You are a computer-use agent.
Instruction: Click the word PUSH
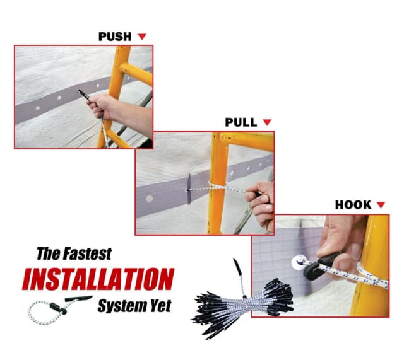pos(115,37)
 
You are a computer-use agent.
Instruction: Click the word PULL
pos(241,122)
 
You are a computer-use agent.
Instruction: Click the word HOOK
pos(353,205)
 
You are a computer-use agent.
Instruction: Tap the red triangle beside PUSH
pos(141,37)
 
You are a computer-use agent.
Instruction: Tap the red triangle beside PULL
pos(267,122)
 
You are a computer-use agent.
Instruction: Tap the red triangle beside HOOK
pos(381,205)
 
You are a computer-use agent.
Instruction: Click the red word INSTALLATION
pos(98,279)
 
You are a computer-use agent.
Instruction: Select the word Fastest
pos(88,253)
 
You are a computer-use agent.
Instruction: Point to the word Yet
pos(161,306)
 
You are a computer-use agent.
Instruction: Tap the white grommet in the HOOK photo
pos(299,262)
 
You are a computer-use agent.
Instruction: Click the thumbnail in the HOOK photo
pos(355,251)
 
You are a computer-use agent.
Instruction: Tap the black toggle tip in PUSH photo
pos(84,95)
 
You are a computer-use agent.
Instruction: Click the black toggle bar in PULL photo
pos(189,189)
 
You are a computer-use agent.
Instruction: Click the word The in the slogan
pos(49,253)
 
